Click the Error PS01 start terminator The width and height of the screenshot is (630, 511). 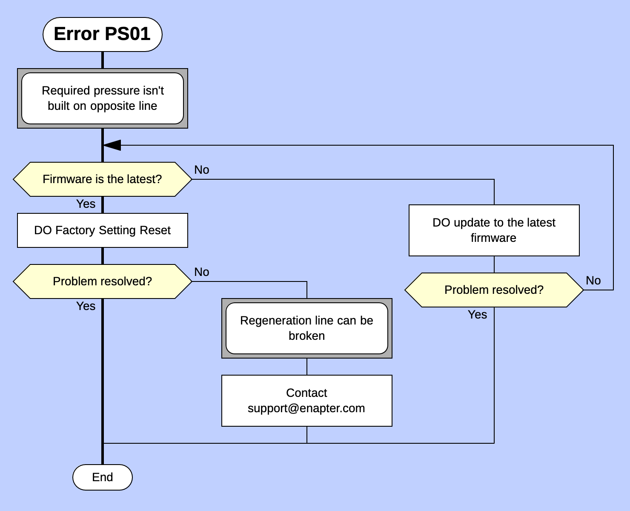click(102, 34)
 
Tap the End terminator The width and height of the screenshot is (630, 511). click(102, 477)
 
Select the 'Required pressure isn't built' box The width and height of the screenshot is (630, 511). click(102, 98)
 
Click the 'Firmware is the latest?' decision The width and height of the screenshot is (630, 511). click(102, 179)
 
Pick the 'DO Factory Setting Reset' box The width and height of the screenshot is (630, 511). click(102, 230)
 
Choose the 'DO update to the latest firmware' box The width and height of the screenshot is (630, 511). click(494, 230)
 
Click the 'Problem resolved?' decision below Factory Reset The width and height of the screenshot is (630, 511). click(102, 281)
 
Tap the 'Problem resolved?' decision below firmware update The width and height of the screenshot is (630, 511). click(494, 290)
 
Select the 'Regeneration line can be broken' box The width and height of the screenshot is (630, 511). click(306, 328)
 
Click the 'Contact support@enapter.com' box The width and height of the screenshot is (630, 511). click(306, 401)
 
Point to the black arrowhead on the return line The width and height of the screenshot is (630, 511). click(112, 145)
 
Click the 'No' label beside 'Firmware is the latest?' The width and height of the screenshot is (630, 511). click(201, 170)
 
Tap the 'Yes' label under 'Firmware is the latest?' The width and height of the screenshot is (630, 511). click(86, 204)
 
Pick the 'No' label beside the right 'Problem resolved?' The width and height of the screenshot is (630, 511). click(593, 281)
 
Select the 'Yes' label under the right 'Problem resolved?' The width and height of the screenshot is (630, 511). click(477, 315)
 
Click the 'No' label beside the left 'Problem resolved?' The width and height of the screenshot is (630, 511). click(201, 272)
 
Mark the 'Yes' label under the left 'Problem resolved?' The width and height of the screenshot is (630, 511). click(86, 306)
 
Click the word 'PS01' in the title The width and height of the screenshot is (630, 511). click(127, 34)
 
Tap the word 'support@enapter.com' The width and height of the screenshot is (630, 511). click(306, 408)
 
